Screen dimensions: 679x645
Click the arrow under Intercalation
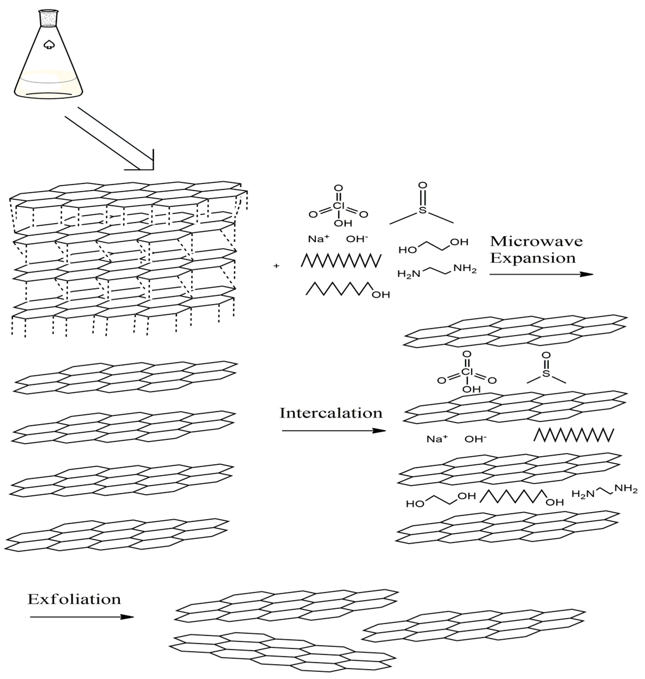pyautogui.click(x=333, y=431)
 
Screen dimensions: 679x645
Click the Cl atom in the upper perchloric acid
pyautogui.click(x=339, y=206)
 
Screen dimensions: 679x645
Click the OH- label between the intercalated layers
pyautogui.click(x=475, y=439)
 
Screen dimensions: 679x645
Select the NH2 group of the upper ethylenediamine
pyautogui.click(x=465, y=269)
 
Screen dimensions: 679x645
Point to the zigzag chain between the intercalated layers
pyautogui.click(x=573, y=435)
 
